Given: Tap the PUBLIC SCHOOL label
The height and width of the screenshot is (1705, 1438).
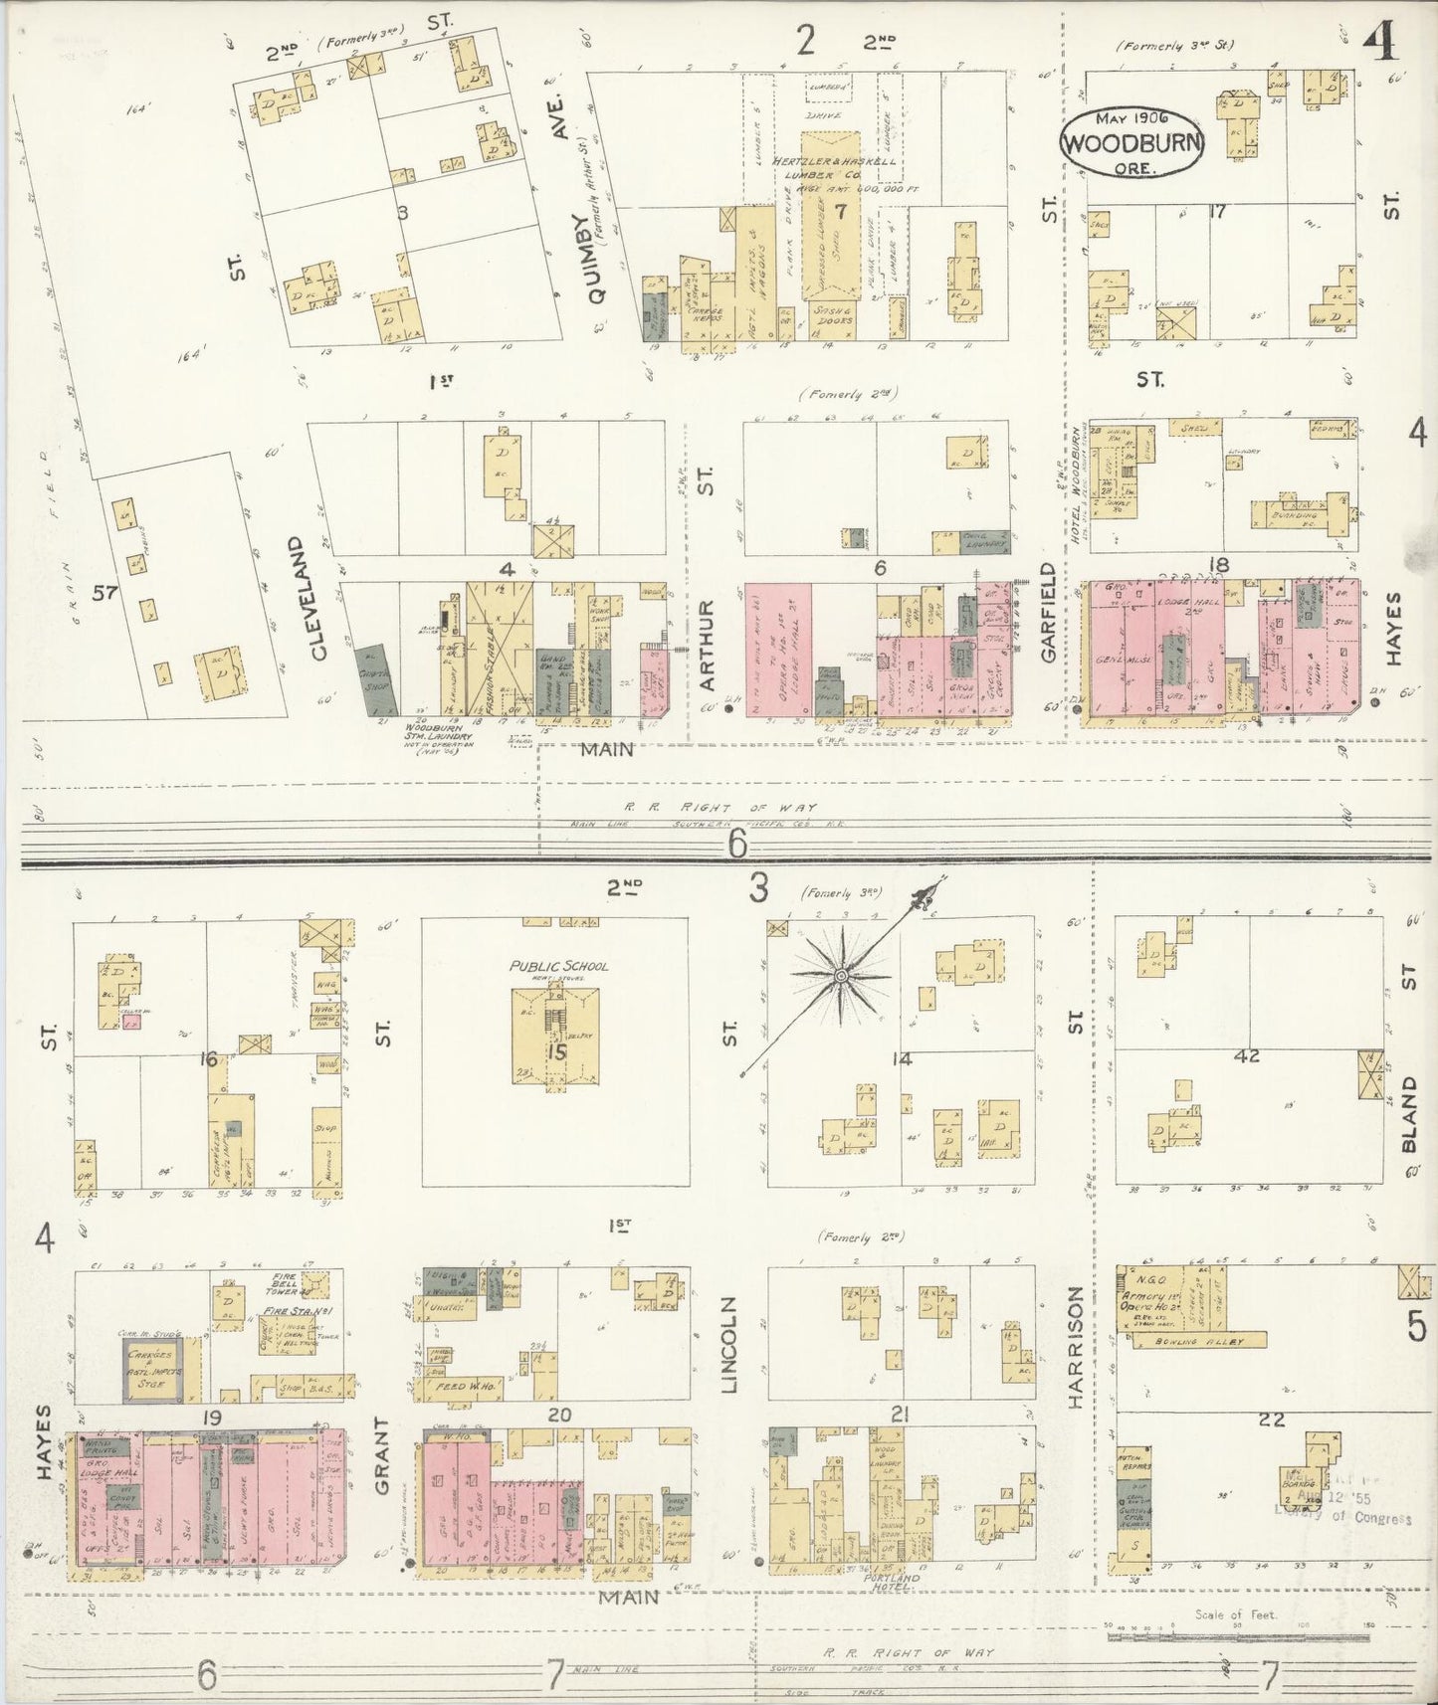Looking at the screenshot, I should click(x=558, y=965).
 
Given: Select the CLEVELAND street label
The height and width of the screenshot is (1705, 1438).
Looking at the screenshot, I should click(x=319, y=599).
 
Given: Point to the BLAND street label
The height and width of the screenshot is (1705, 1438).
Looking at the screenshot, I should click(x=1408, y=1113).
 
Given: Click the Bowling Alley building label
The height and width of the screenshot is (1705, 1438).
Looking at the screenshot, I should click(x=1189, y=1342).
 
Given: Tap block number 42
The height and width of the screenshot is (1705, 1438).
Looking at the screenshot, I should click(x=1247, y=1056).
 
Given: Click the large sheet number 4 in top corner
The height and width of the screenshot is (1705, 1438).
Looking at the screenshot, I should click(x=1380, y=42).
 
